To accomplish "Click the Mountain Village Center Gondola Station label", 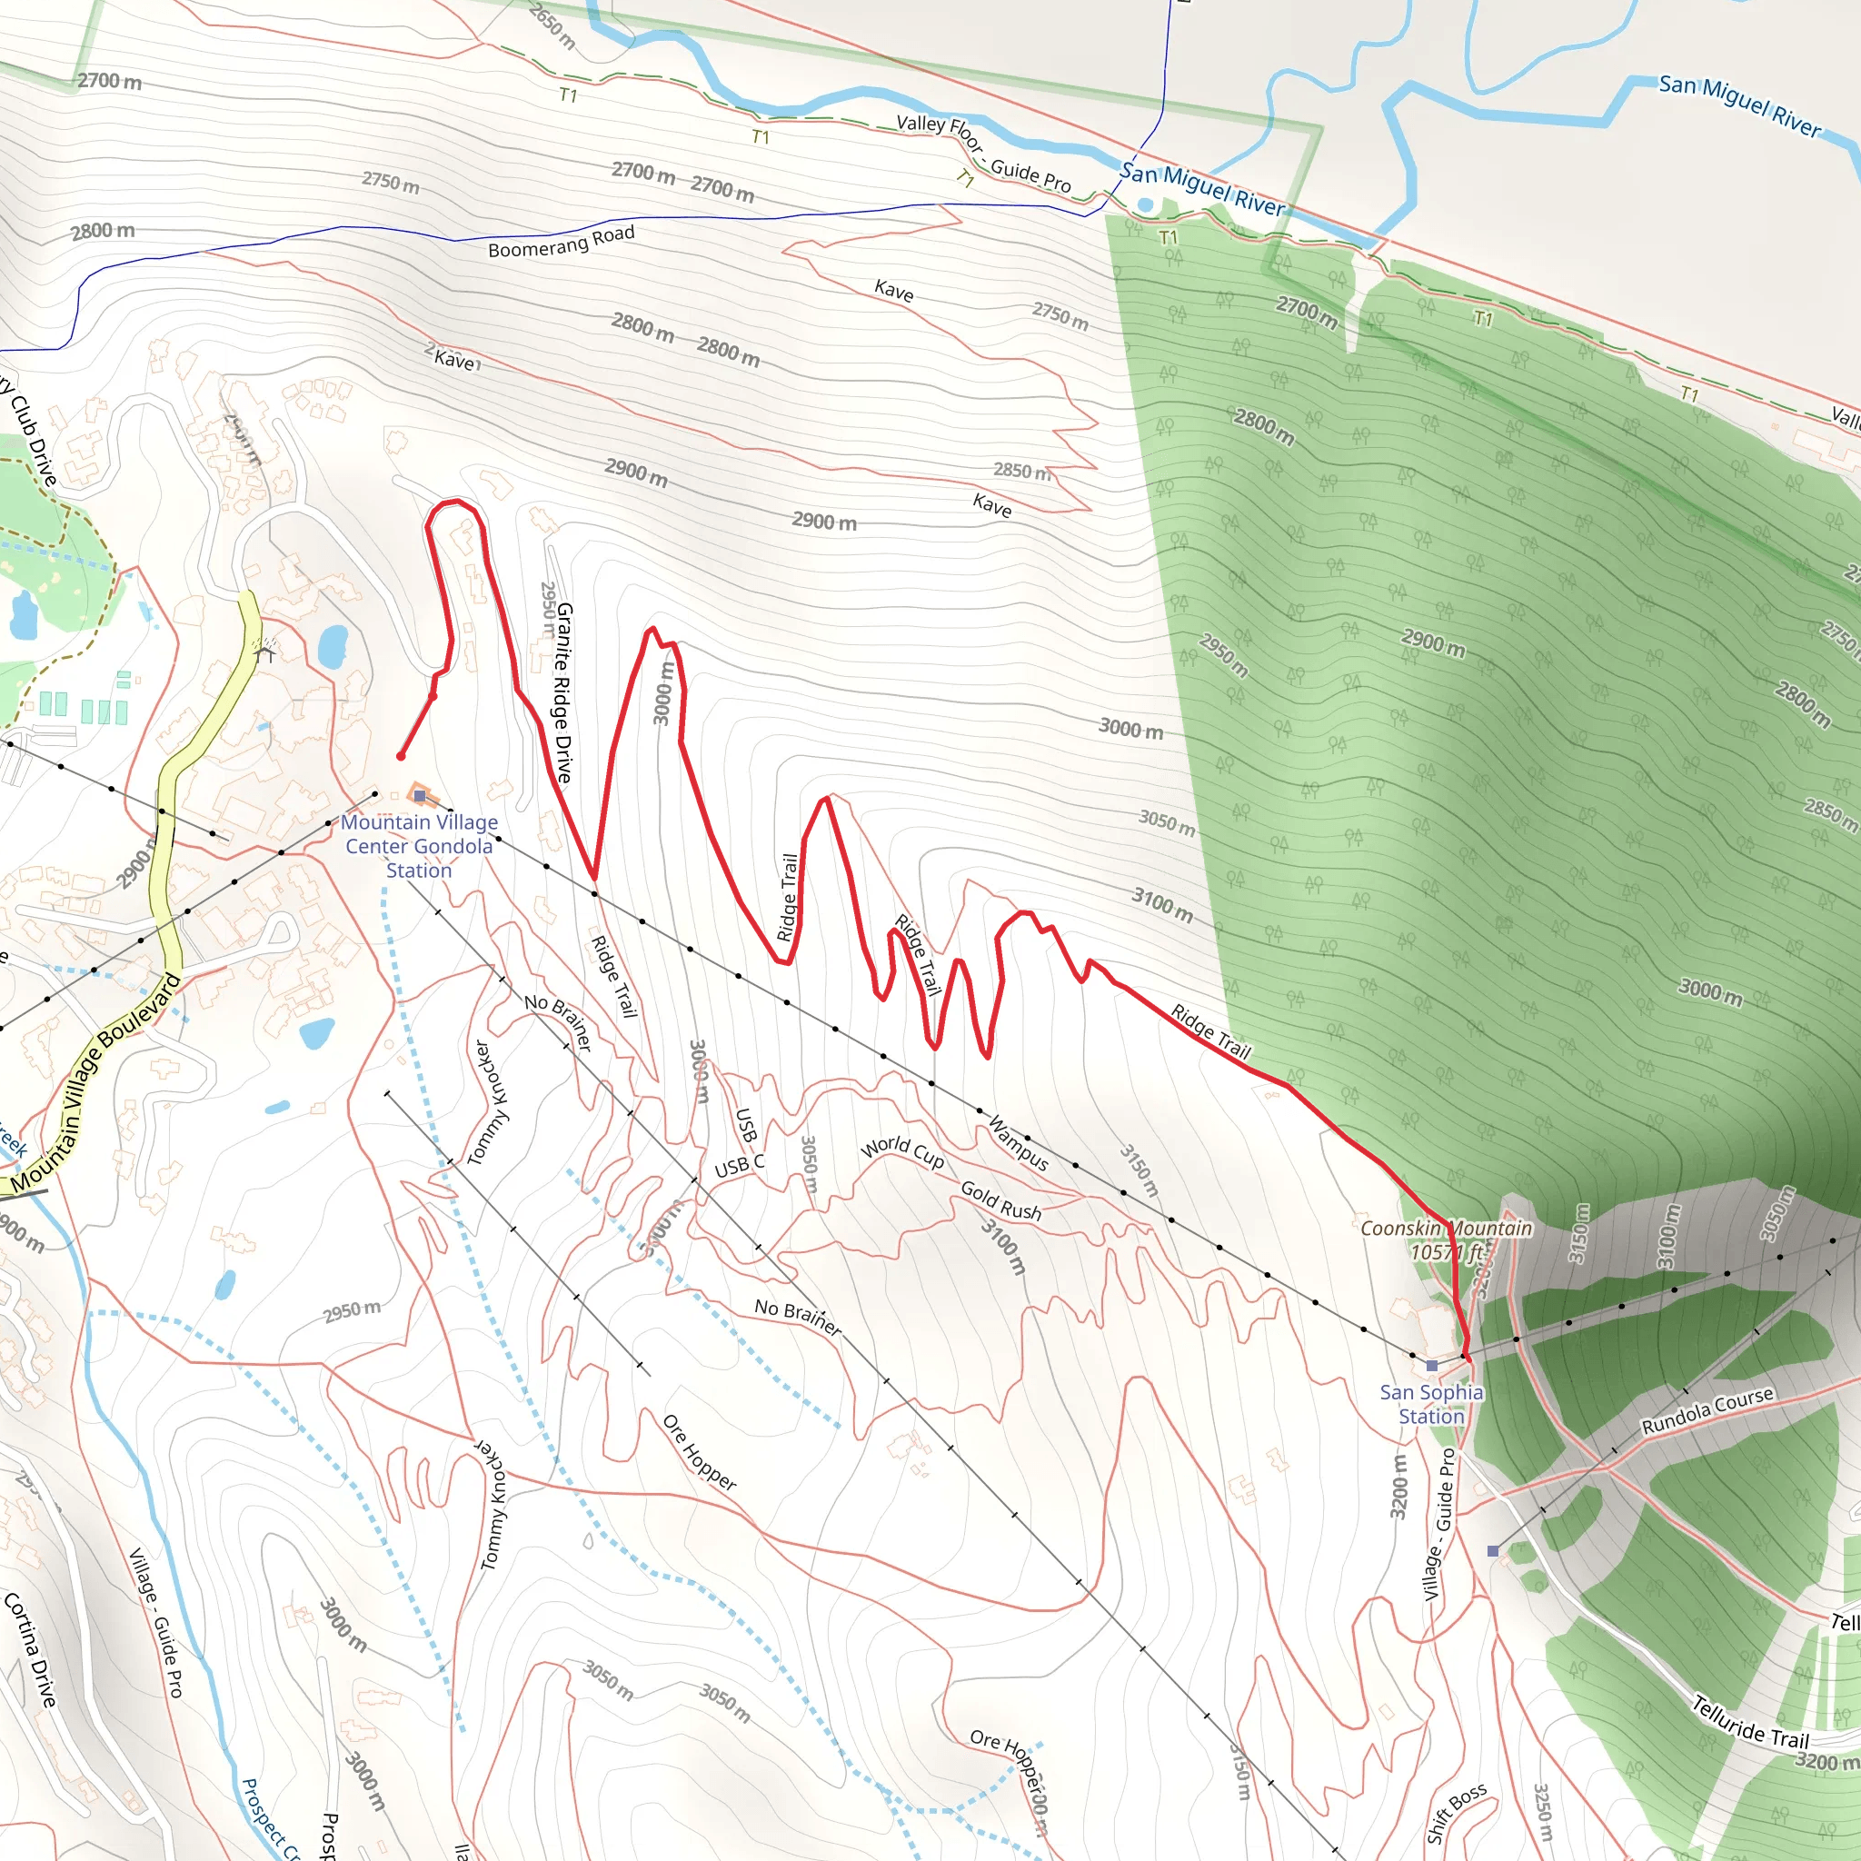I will (x=419, y=846).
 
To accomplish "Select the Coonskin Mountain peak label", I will (x=1445, y=1239).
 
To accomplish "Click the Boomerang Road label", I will (x=561, y=241).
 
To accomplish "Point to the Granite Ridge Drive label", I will (x=563, y=692).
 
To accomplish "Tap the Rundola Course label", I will (x=1707, y=1410).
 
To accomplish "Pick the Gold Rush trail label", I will (x=1000, y=1201).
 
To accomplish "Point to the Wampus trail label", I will (x=1018, y=1143).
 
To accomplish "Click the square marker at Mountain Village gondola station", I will (x=419, y=796).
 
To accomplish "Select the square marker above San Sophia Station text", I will (x=1431, y=1366).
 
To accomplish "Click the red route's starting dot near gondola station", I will (x=401, y=756).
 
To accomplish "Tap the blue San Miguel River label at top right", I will (x=1738, y=106).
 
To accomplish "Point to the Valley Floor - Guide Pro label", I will (x=982, y=152).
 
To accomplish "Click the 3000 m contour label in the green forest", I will (x=1710, y=991).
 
